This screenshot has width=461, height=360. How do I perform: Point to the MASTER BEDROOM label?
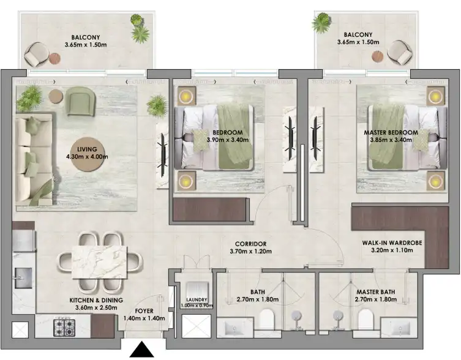394,132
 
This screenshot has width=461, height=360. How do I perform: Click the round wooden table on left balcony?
56,59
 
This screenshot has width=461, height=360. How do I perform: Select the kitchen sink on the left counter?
23,277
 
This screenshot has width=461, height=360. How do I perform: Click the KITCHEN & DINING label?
96,300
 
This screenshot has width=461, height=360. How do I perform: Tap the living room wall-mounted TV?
162,151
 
